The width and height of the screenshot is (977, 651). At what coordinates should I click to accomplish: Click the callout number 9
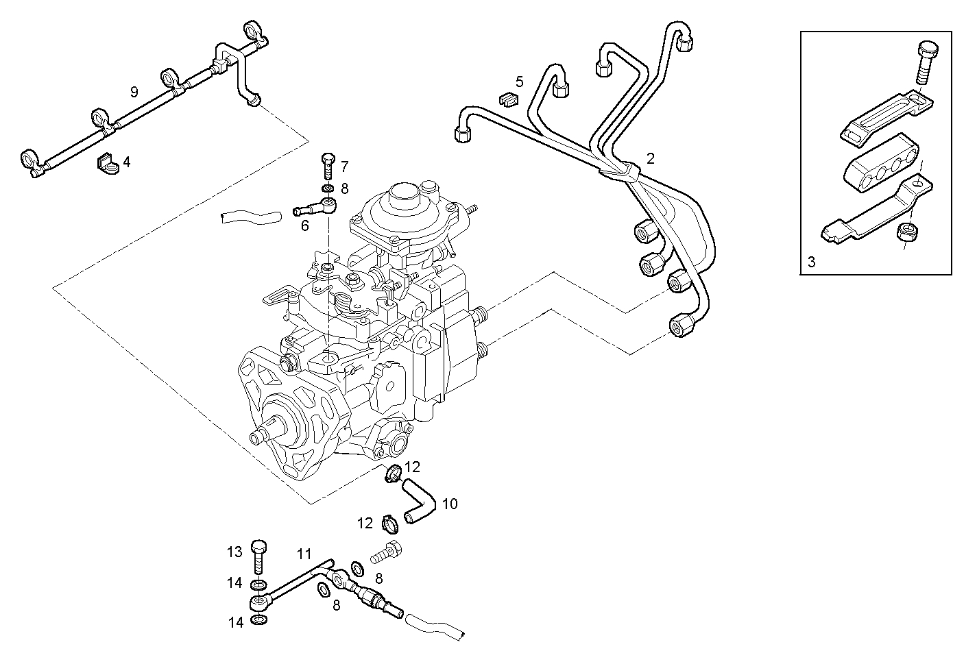coord(134,91)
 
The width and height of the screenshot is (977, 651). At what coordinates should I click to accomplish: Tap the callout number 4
coord(127,162)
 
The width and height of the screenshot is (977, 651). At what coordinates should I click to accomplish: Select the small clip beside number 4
coord(106,162)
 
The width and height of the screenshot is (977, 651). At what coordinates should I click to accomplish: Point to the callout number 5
coord(519,82)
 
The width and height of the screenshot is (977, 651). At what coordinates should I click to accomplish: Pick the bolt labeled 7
coord(328,167)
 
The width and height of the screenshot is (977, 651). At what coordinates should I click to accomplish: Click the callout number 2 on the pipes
coord(651,159)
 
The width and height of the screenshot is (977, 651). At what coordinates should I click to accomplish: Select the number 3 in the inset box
coord(812,261)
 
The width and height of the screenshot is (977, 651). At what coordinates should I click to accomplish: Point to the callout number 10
coord(450,504)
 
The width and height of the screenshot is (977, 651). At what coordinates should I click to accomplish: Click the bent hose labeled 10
coord(418,502)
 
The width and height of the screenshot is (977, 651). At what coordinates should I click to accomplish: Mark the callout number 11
coord(304,553)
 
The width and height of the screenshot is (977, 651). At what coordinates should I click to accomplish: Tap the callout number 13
coord(235,552)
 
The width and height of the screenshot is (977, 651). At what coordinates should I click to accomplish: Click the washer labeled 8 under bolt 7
coord(328,188)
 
